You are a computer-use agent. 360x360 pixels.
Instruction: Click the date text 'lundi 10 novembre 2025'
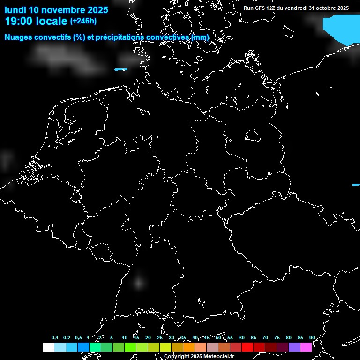pos(56,10)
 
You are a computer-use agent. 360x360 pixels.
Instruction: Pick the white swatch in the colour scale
pos(48,347)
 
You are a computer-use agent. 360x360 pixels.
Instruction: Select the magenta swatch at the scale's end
pos(306,347)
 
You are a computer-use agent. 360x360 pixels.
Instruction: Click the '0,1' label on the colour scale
pos(55,337)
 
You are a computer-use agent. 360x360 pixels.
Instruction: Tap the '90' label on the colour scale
pos(312,337)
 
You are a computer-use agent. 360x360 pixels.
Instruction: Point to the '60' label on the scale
pos(241,337)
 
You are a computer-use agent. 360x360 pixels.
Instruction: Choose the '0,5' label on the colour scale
pos(78,337)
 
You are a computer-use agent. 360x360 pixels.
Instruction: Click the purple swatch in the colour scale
pos(294,347)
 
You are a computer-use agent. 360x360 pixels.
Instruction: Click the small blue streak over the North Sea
pos(121,70)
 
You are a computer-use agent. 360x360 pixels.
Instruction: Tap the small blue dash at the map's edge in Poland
pos(356,185)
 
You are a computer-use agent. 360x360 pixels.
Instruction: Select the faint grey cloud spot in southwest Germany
pos(138,282)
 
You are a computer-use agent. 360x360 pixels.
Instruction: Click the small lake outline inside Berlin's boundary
pos(253,135)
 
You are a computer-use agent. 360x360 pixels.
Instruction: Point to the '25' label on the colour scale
pos(159,337)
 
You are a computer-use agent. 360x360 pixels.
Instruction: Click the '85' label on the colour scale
pos(300,337)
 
